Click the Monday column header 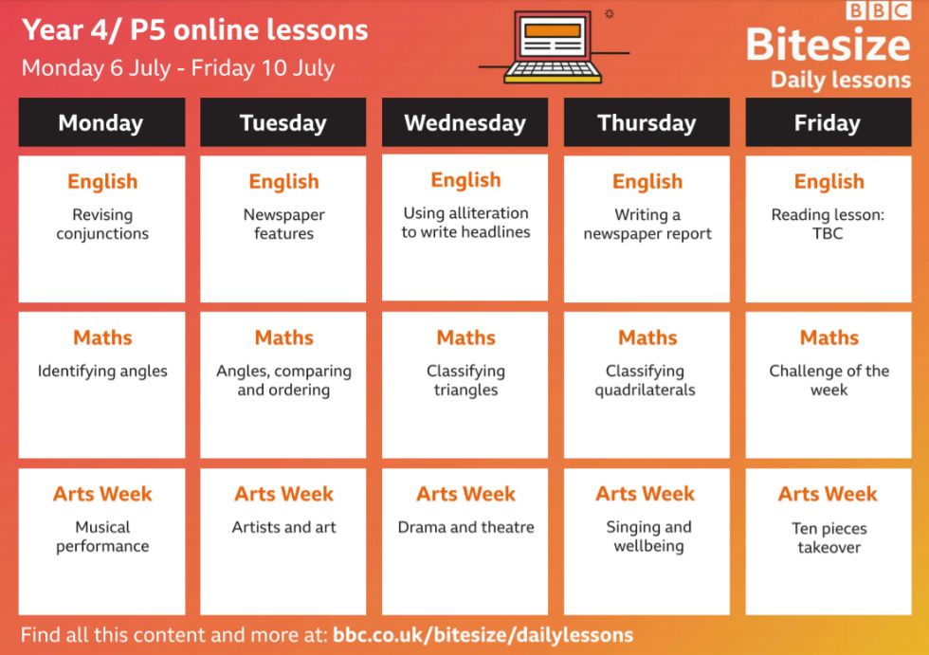[x=101, y=122]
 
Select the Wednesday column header [x=464, y=122]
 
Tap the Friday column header [x=828, y=122]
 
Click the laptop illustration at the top [x=553, y=46]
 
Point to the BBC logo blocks [x=878, y=10]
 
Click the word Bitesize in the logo [x=828, y=45]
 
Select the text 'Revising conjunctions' [x=102, y=224]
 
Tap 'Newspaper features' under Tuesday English [x=283, y=224]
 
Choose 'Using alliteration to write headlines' [x=465, y=222]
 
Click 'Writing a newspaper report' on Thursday [x=647, y=224]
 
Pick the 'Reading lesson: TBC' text [x=828, y=224]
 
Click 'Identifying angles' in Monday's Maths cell [x=102, y=372]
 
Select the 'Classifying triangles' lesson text [x=465, y=380]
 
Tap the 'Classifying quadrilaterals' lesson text [x=646, y=380]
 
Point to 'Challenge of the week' [x=829, y=380]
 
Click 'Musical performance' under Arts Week [x=102, y=537]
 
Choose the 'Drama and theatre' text [x=465, y=527]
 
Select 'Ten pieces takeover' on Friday [x=829, y=537]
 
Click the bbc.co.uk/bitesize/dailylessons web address [x=483, y=635]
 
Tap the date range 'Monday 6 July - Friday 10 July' [x=178, y=68]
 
